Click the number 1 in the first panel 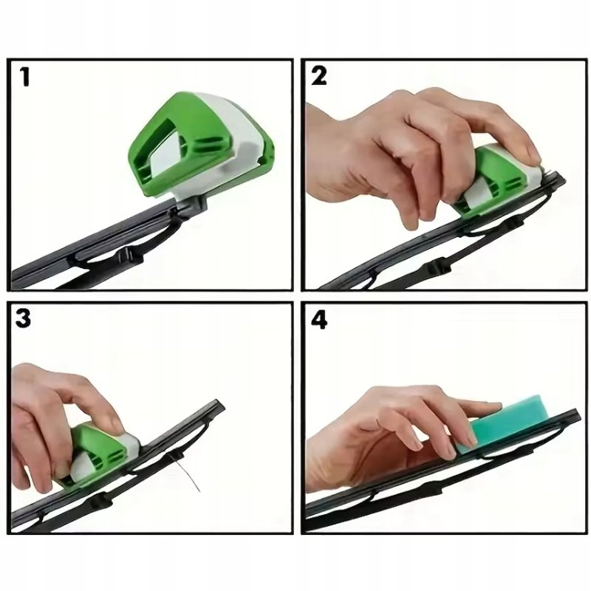25,78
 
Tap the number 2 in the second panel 319,76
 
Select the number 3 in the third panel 23,318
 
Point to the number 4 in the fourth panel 319,320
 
